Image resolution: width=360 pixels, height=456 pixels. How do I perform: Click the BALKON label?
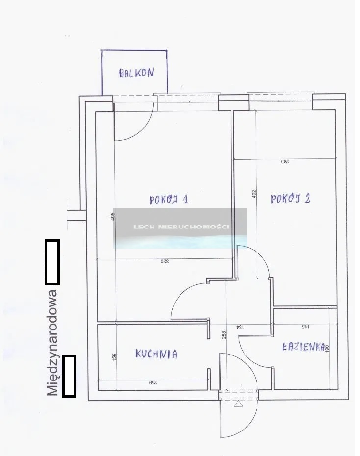136,73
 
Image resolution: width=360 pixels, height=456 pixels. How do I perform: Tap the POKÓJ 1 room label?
169,200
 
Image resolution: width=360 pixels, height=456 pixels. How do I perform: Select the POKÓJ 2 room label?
290,199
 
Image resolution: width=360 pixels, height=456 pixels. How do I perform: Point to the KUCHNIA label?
156,354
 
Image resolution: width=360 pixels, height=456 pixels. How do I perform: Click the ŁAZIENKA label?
303,346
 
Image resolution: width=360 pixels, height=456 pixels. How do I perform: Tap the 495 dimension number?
113,216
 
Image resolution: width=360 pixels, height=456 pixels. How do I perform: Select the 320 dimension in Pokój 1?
165,261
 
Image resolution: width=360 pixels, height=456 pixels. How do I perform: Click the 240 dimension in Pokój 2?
285,161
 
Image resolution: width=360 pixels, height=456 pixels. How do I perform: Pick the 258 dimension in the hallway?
224,335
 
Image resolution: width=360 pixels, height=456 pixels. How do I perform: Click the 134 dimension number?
240,327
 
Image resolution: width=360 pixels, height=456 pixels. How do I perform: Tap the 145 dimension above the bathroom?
306,327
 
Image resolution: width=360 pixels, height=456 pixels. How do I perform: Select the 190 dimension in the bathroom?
327,349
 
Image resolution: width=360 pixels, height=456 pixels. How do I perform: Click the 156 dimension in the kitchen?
114,357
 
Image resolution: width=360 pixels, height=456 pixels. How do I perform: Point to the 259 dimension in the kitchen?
153,383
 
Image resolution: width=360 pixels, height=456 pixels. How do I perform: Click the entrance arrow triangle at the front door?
238,404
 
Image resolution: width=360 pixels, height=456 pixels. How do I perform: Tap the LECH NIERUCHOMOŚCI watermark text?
181,227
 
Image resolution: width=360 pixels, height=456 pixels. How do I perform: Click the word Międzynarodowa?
52,343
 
